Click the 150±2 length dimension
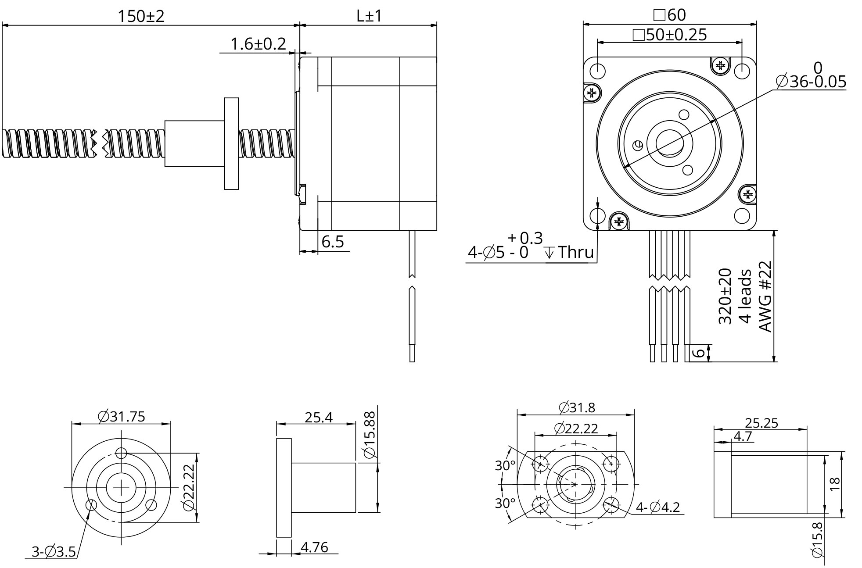[141, 17]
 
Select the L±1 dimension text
[369, 17]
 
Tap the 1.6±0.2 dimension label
[258, 44]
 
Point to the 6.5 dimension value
[333, 242]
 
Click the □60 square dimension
[669, 15]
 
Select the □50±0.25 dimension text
[670, 35]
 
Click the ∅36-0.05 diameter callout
[811, 82]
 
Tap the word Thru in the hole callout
[575, 253]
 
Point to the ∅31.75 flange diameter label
[122, 416]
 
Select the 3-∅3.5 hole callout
[54, 551]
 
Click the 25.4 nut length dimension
[319, 417]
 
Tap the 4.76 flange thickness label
[314, 547]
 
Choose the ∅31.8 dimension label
[577, 407]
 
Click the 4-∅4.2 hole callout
[657, 507]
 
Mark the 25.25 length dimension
[761, 423]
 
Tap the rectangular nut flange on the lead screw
[231, 143]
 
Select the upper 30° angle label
[505, 465]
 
